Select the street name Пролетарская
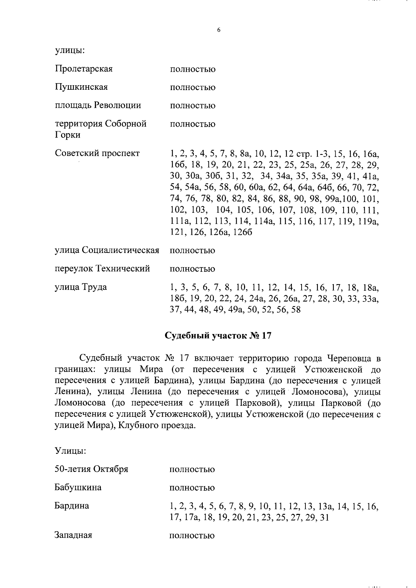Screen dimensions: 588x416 84,69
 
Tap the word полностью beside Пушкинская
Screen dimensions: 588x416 192,87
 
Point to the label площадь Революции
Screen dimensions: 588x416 98,105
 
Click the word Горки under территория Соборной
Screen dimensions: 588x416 68,135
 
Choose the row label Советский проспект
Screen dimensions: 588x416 97,153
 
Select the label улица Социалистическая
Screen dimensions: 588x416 107,250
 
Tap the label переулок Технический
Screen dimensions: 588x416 102,269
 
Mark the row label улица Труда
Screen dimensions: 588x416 81,287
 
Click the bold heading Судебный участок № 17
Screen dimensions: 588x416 217,336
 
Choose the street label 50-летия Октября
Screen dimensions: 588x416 92,469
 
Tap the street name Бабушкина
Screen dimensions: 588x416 78,488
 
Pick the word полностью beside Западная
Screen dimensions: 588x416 192,536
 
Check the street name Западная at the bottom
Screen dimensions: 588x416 73,535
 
